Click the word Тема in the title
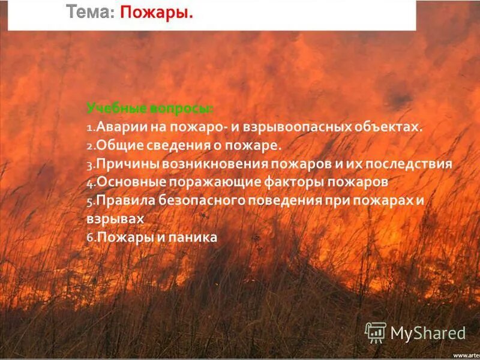tap(88, 11)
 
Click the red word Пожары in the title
tap(157, 11)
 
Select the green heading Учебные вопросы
tap(150, 109)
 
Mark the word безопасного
tap(196, 200)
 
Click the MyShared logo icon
tap(376, 332)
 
